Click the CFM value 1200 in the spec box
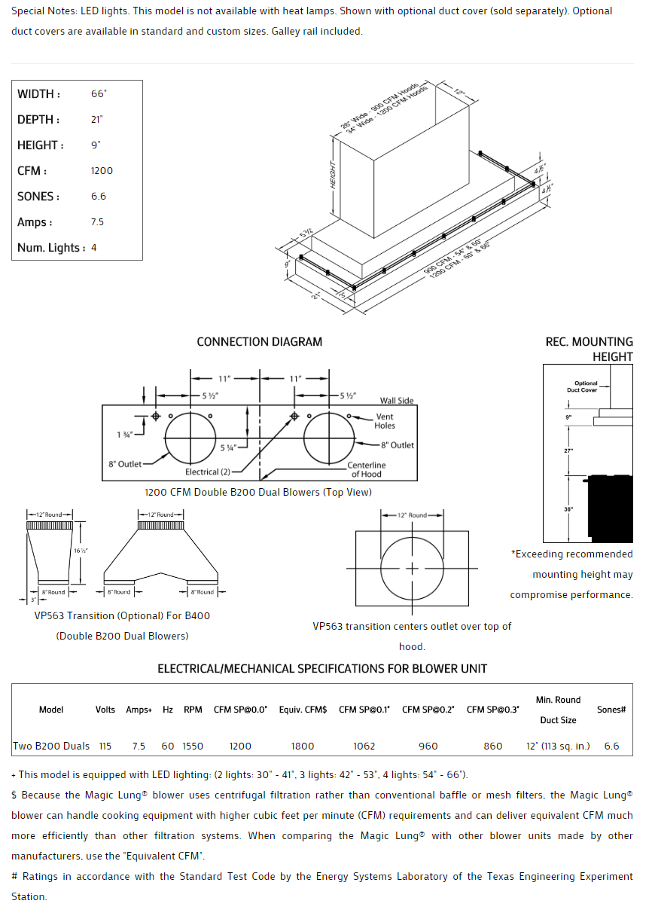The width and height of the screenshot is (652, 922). pyautogui.click(x=102, y=171)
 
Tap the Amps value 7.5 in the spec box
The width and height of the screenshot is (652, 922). pyautogui.click(x=97, y=222)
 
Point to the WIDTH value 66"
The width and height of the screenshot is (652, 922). pyautogui.click(x=99, y=94)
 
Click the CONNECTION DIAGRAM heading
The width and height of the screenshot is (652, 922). pyautogui.click(x=259, y=342)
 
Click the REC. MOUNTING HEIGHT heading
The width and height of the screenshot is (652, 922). pyautogui.click(x=589, y=349)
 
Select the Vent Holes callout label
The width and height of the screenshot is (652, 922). pyautogui.click(x=385, y=421)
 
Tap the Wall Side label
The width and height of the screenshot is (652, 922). pyautogui.click(x=397, y=401)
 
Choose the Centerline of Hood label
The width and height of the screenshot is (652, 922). pyautogui.click(x=367, y=470)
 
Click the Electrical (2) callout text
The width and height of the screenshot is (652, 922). pyautogui.click(x=208, y=472)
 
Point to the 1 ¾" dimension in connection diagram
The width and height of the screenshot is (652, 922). pyautogui.click(x=124, y=435)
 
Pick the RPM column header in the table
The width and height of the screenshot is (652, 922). pyautogui.click(x=193, y=710)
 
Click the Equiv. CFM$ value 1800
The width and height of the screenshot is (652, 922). pyautogui.click(x=303, y=746)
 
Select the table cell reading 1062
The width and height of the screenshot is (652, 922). pyautogui.click(x=364, y=746)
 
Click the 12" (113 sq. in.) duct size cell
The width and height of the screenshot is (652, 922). pyautogui.click(x=558, y=746)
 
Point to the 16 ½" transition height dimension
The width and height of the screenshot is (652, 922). pyautogui.click(x=81, y=551)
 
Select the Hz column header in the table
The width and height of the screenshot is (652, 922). pyautogui.click(x=168, y=710)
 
